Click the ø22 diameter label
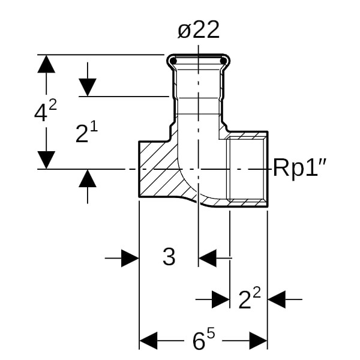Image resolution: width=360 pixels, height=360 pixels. [199, 31]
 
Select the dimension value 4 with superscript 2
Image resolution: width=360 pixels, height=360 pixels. [45, 112]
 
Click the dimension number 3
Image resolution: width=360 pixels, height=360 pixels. [169, 257]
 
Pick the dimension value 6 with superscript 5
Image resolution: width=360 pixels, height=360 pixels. [203, 340]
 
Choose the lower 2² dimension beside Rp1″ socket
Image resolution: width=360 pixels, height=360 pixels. [250, 298]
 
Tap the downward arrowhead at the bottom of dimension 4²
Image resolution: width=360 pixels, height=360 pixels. [46, 160]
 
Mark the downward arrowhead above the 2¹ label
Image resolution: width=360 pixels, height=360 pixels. [88, 87]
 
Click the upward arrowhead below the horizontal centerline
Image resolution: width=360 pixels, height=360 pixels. [88, 178]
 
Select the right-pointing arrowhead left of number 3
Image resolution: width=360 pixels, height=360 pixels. [130, 259]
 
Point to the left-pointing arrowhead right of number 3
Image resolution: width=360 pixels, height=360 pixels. [207, 259]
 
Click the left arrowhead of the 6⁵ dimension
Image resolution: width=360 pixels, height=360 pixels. [148, 341]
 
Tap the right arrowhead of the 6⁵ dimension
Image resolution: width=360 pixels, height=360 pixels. [259, 341]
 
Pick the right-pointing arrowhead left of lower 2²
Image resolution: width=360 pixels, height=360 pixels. [221, 298]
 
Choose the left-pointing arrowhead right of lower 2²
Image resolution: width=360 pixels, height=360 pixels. [277, 298]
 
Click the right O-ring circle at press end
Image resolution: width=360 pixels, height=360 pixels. [225, 60]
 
